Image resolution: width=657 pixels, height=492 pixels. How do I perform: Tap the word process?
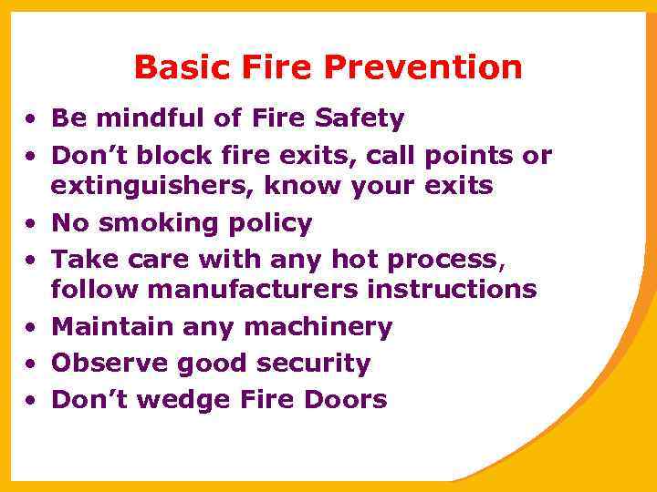click(x=442, y=260)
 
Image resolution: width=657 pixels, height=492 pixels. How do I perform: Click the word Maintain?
click(x=109, y=326)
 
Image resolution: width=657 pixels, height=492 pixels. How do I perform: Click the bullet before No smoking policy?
click(x=31, y=224)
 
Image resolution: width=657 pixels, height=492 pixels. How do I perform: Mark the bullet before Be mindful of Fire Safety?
click(x=31, y=118)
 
